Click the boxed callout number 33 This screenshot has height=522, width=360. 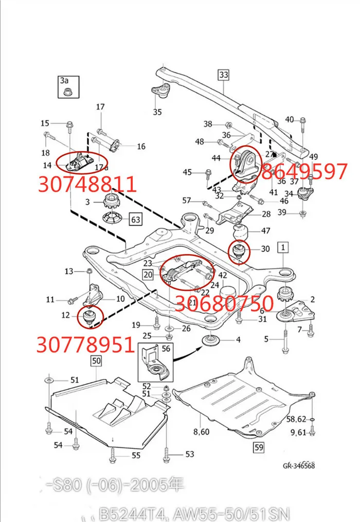point(223,75)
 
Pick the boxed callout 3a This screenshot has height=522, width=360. point(64,80)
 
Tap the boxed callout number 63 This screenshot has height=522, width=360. point(135,220)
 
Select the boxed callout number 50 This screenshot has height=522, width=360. point(96,361)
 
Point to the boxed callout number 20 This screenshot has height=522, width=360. point(149,275)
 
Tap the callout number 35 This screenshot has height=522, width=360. point(157,112)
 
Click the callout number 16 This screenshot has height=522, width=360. point(141,147)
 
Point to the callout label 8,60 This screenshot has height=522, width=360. point(201,431)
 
